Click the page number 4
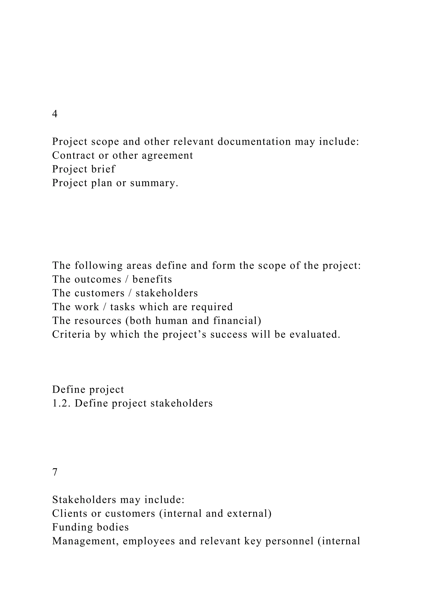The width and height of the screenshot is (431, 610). pyautogui.click(x=55, y=114)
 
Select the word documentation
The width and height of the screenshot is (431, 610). pyautogui.click(x=254, y=142)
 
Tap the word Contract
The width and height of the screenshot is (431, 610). pyautogui.click(x=73, y=155)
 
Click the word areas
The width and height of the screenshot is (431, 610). pyautogui.click(x=139, y=265)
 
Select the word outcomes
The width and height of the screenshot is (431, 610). pyautogui.click(x=98, y=279)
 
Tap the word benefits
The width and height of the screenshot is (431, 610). pyautogui.click(x=152, y=279)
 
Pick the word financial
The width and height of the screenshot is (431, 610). pyautogui.click(x=237, y=321)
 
